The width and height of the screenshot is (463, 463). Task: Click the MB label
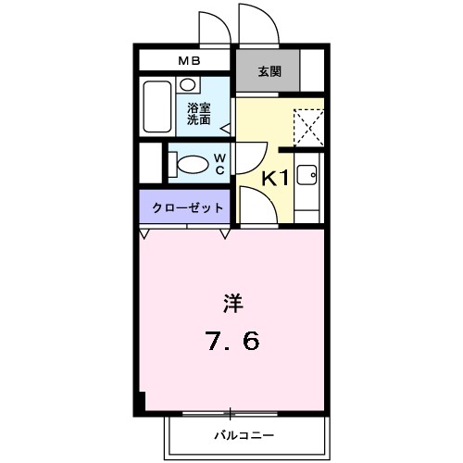pos(187,61)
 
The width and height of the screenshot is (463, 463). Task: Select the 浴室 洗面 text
pos(198,113)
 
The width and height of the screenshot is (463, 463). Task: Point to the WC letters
pos(220,164)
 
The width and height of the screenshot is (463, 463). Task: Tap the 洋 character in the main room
pos(231,302)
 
